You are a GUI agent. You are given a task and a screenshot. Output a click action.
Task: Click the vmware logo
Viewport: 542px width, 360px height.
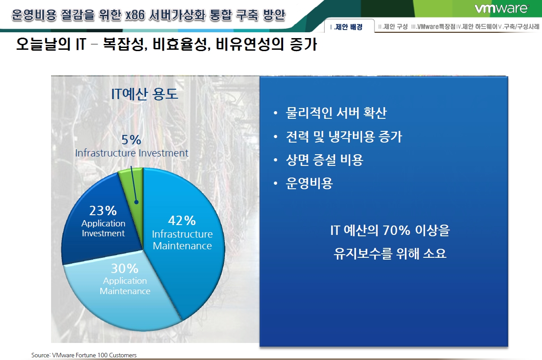(x=501, y=9)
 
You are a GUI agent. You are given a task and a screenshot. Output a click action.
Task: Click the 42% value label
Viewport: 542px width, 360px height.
(x=182, y=221)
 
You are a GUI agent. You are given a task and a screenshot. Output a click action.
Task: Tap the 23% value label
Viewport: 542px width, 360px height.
(x=103, y=211)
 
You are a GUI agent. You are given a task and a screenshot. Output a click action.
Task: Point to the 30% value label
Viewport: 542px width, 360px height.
(x=125, y=268)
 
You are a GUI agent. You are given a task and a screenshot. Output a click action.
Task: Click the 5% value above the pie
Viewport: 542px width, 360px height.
(x=131, y=140)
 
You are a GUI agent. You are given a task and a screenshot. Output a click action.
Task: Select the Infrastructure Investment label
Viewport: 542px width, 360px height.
(x=132, y=153)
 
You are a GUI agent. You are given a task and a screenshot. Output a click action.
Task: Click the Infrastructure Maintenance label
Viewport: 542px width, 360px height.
(x=182, y=240)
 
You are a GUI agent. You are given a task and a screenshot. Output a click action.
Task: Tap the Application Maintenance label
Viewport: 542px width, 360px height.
(x=125, y=286)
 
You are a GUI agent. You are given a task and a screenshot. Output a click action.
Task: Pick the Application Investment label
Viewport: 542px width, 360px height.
(x=103, y=228)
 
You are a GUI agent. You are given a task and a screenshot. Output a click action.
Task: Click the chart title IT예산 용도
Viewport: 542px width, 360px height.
(x=144, y=94)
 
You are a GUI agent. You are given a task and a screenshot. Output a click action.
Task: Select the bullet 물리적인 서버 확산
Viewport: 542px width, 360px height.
(x=336, y=113)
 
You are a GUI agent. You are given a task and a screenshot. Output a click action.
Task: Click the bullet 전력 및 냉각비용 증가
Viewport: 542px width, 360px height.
(x=344, y=136)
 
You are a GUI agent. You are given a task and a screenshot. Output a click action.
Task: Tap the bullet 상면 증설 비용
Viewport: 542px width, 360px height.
(x=324, y=160)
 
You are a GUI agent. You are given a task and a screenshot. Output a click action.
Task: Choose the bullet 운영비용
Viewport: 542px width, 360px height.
(x=309, y=183)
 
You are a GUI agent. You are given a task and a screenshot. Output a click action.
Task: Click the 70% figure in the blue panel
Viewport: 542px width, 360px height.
(x=396, y=230)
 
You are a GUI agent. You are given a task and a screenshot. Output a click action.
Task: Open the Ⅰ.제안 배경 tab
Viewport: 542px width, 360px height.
(x=346, y=26)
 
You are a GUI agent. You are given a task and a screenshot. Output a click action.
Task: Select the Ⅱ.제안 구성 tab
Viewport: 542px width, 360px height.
(x=393, y=26)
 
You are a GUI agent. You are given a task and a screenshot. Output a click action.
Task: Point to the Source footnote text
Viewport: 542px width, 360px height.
(x=84, y=355)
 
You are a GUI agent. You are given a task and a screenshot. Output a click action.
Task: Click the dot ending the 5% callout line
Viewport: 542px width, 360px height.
(x=137, y=202)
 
